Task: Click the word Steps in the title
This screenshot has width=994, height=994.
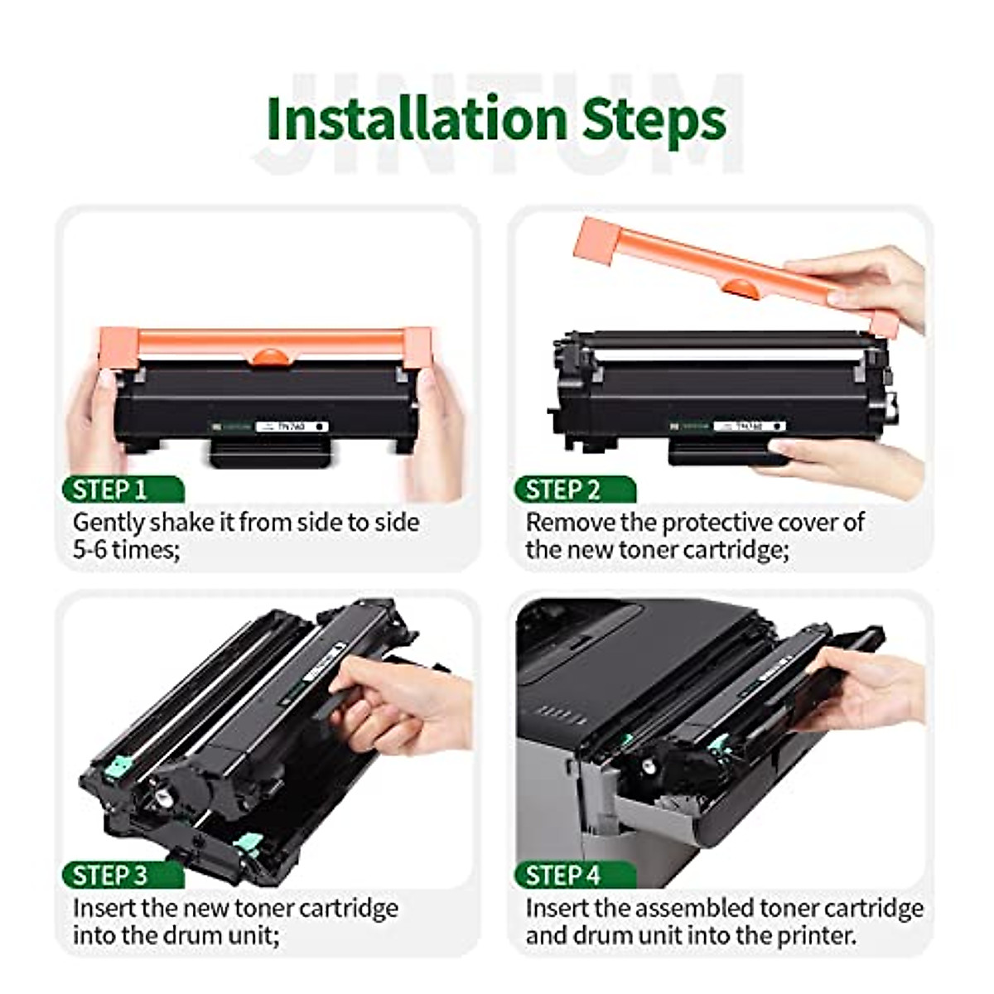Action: (654, 120)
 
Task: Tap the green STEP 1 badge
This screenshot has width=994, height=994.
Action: (116, 490)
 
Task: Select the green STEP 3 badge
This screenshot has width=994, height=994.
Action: (116, 876)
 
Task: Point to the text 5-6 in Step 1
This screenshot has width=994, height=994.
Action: (90, 549)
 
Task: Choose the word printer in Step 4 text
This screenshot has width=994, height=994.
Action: (815, 935)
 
